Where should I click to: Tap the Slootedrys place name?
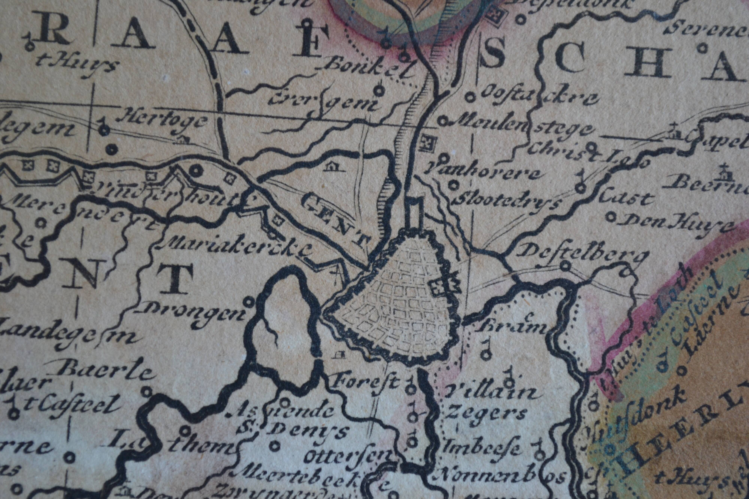[506, 200]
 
